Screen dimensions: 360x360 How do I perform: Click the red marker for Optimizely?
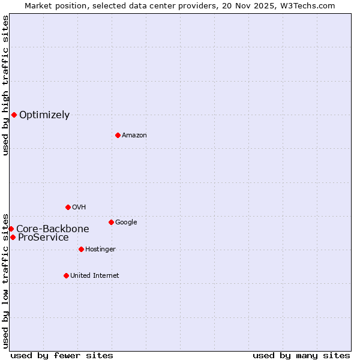(x=14, y=115)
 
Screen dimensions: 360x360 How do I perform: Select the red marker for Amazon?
(x=118, y=135)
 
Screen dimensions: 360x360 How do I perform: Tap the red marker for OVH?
(x=68, y=207)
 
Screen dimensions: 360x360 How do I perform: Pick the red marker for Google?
(x=111, y=222)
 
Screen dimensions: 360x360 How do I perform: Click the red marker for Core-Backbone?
(x=11, y=229)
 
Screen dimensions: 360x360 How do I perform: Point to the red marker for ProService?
(x=13, y=237)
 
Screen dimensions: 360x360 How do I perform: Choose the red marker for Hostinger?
(x=81, y=249)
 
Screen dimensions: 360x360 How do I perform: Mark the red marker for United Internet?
(x=66, y=275)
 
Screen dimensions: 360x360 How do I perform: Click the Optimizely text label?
(x=44, y=115)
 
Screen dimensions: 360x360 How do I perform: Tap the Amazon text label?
(x=134, y=136)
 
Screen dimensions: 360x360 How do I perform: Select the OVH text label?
(x=79, y=208)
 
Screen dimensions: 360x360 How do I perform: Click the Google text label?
(x=126, y=223)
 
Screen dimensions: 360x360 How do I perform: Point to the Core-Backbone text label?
(x=53, y=229)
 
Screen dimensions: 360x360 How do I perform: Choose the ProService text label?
(x=43, y=238)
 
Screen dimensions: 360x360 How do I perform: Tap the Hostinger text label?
(x=100, y=250)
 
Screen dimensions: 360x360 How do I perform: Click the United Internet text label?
(x=95, y=276)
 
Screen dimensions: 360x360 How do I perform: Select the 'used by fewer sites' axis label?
(x=62, y=355)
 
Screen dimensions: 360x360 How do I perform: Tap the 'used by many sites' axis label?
(x=301, y=355)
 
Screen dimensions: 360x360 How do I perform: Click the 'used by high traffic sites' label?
(x=5, y=85)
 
